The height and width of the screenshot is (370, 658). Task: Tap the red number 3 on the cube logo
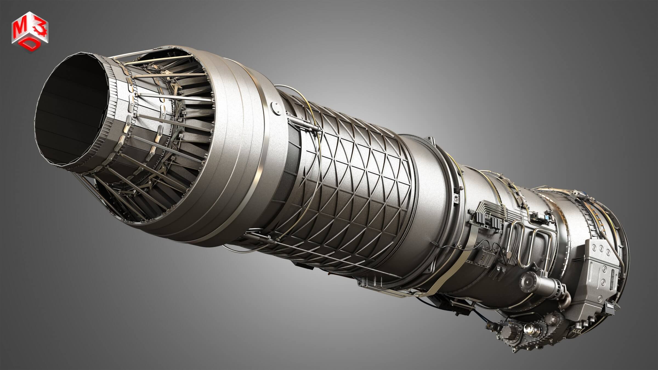(42, 25)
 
